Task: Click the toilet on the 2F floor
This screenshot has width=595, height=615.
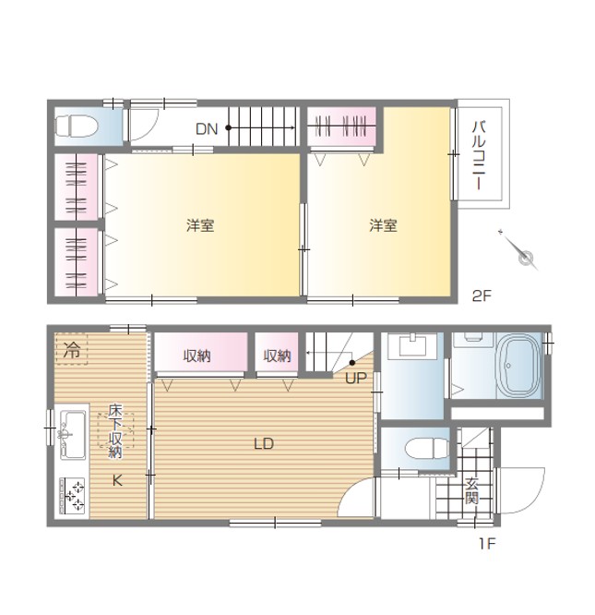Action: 76,127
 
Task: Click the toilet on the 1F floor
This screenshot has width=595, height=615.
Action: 426,448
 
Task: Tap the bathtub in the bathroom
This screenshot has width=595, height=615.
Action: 518,367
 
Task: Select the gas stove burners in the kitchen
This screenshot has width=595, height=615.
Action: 72,496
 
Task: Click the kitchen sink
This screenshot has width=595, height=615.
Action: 73,435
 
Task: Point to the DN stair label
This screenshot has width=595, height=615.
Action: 207,128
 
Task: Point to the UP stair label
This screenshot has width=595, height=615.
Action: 356,378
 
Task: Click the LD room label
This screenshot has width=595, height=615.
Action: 264,444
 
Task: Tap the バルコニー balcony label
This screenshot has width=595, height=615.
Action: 479,156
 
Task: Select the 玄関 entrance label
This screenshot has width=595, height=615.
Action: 472,491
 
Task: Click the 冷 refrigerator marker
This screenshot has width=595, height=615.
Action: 72,349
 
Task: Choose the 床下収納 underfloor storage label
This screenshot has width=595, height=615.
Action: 115,431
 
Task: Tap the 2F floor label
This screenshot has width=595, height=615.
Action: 482,295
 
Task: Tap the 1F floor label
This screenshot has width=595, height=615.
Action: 488,544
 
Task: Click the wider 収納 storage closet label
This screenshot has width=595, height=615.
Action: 197,356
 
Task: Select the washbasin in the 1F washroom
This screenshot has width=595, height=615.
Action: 412,346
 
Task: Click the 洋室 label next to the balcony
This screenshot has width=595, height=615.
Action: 383,225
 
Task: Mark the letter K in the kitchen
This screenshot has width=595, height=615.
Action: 117,480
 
